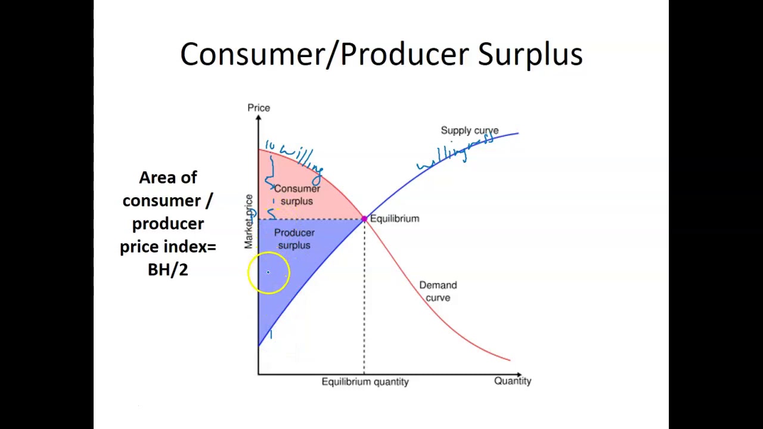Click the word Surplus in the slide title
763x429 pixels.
point(530,54)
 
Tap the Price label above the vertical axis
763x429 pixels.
point(259,108)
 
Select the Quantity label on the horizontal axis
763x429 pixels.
point(512,381)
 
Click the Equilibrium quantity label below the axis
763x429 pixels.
point(365,382)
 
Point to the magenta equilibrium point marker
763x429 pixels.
point(364,219)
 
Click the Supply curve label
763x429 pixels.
point(469,130)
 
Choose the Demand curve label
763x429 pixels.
point(438,291)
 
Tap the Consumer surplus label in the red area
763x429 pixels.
point(297,195)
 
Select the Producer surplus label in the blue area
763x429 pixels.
point(294,239)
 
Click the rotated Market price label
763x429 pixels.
point(249,221)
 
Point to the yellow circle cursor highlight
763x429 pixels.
point(268,272)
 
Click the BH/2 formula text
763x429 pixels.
point(168,270)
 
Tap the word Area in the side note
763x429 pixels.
point(168,178)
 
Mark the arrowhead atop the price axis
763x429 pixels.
point(258,118)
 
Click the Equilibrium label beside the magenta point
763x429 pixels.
point(394,219)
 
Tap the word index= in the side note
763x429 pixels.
point(193,247)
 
